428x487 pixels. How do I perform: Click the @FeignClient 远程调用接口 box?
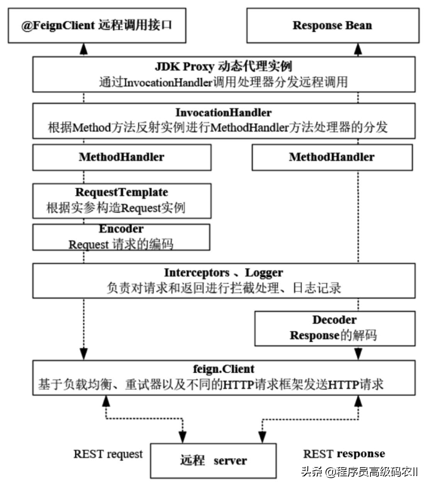pyautogui.click(x=97, y=25)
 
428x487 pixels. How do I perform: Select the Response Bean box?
pyautogui.click(x=332, y=25)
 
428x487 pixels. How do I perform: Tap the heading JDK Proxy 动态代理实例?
pyautogui.click(x=223, y=66)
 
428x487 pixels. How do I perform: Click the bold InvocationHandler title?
pyautogui.click(x=223, y=112)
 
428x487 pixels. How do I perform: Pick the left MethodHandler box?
pyautogui.click(x=122, y=157)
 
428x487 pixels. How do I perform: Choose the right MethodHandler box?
pyautogui.click(x=332, y=157)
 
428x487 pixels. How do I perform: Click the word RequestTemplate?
pyautogui.click(x=122, y=192)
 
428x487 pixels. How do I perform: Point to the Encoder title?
pyautogui.click(x=121, y=229)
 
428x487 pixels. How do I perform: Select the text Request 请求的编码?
pyautogui.click(x=121, y=244)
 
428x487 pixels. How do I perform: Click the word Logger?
pyautogui.click(x=264, y=273)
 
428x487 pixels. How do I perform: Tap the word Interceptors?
pyautogui.click(x=197, y=273)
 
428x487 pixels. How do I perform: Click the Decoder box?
pyautogui.click(x=335, y=328)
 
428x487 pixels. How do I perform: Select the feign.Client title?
pyautogui.click(x=224, y=369)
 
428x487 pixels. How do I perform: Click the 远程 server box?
pyautogui.click(x=213, y=460)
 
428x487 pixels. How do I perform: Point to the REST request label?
pyautogui.click(x=108, y=454)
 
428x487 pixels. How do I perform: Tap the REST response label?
pyautogui.click(x=344, y=454)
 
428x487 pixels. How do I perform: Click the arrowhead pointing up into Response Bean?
pyautogui.click(x=358, y=49)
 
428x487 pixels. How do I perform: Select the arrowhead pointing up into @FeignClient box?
pyautogui.click(x=83, y=49)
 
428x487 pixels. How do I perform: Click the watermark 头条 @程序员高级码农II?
pyautogui.click(x=360, y=472)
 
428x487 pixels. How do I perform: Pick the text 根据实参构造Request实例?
pyautogui.click(x=116, y=208)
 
